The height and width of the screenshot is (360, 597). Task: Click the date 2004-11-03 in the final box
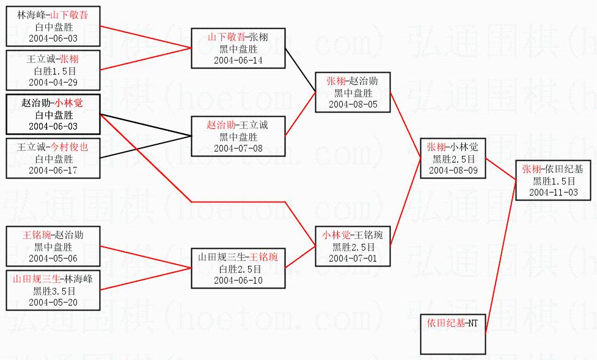point(553,192)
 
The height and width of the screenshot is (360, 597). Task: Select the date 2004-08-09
point(453,170)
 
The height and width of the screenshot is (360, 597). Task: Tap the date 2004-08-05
point(353,104)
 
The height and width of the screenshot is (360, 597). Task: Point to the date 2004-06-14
point(237,60)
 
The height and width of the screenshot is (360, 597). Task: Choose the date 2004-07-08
point(237,148)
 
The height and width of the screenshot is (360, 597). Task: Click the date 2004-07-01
point(353,258)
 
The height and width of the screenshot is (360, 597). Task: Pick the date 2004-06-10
point(237,280)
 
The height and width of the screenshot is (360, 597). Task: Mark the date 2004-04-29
point(53,82)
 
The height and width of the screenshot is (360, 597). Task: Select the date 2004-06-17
point(53,170)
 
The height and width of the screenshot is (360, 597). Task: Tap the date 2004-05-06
point(53,258)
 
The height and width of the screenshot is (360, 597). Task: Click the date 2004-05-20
point(53,302)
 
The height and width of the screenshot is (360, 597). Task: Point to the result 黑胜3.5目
point(53,291)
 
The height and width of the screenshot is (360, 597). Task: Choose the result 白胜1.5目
point(53,71)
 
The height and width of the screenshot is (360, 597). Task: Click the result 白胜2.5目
point(237,269)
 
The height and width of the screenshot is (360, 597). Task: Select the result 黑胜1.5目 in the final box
point(553,181)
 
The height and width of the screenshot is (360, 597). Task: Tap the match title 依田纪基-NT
point(453,323)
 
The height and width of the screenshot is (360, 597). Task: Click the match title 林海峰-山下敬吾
point(53,16)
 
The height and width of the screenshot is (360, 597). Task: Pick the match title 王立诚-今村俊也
point(53,147)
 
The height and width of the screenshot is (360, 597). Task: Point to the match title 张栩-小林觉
point(453,147)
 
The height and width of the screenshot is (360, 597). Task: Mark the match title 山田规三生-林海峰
point(53,279)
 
